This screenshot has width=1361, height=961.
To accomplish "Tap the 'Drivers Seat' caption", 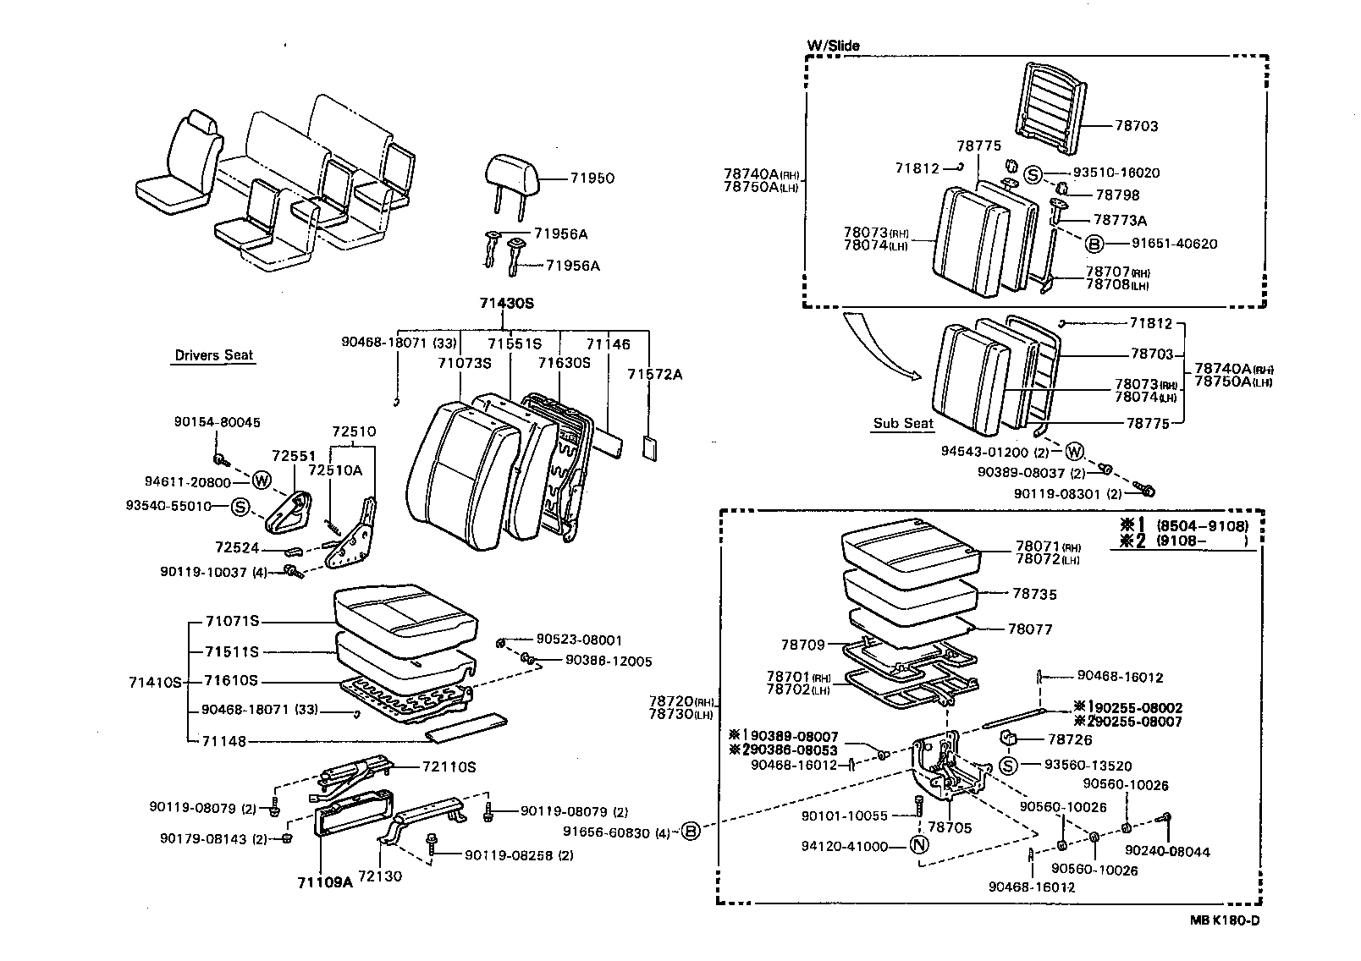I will [213, 355].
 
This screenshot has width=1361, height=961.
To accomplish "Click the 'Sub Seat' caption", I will [903, 423].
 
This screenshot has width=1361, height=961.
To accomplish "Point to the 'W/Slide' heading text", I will [833, 46].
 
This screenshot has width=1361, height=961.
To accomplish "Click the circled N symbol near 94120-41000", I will [920, 845].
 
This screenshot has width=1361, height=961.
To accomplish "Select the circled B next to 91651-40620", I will [1094, 244].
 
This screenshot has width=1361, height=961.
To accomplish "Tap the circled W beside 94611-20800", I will [262, 481].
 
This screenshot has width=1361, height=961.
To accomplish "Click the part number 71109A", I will [324, 882].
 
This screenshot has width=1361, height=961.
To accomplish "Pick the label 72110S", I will [449, 766].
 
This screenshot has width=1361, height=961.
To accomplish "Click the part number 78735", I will [1034, 594].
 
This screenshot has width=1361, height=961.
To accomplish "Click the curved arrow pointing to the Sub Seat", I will [881, 347].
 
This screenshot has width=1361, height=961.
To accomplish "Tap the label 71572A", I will [654, 373].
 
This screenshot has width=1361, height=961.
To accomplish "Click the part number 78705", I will [949, 827].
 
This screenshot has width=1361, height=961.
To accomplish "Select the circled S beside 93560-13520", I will [1008, 766].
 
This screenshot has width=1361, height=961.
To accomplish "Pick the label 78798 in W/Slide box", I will [1117, 195].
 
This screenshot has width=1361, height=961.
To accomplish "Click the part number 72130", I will [380, 876].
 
